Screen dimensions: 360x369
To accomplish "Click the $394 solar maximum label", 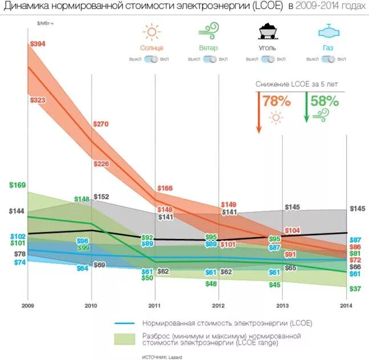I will pos(38,44).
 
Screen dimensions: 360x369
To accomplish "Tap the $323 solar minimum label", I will pos(38,100).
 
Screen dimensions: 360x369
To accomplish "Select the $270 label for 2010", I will pos(100,124).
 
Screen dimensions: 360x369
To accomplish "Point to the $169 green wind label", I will pos(18,185).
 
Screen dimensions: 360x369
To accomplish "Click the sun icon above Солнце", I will pos(152,31).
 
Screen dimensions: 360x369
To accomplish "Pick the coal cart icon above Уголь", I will pos(267,31).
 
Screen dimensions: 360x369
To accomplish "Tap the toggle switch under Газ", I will pos(328,59).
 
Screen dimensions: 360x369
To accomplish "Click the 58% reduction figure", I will pos(325,101).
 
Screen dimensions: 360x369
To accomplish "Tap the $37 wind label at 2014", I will pos(355,289).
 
